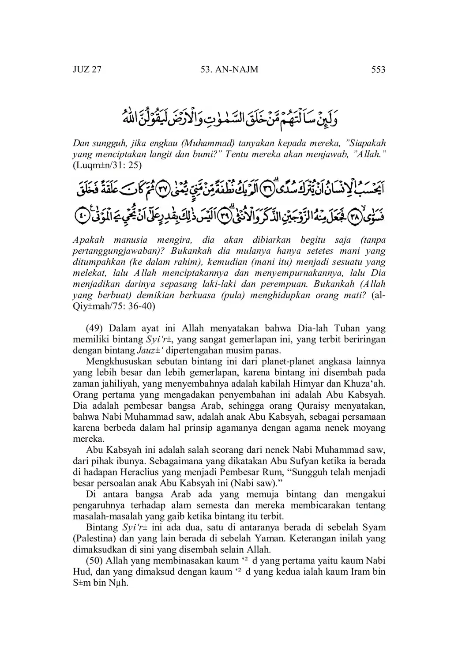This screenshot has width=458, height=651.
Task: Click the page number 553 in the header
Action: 379,70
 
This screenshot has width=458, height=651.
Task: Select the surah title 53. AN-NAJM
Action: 229,70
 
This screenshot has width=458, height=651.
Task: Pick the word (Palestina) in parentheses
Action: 94,538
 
